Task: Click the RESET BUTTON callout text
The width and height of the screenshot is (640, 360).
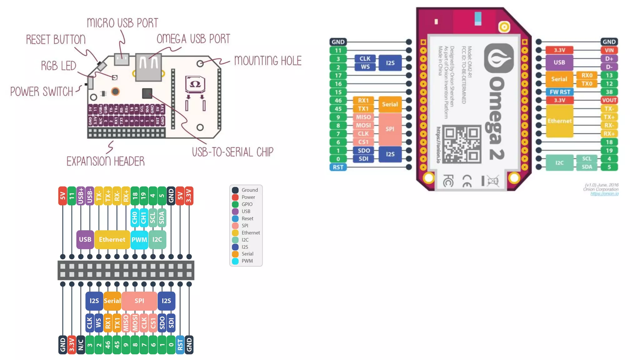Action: click(56, 40)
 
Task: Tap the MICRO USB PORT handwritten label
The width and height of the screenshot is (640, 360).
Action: click(122, 23)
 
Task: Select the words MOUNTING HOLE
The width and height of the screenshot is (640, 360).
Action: click(268, 61)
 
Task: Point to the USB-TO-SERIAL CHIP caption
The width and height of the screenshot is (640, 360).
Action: click(232, 152)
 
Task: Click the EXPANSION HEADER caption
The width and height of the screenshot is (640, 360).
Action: click(106, 161)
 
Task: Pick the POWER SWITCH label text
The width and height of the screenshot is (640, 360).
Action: click(42, 92)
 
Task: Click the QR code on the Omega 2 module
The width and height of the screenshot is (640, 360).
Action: click(462, 144)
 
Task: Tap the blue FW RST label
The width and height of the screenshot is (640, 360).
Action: click(560, 92)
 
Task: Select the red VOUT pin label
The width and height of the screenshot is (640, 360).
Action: click(609, 100)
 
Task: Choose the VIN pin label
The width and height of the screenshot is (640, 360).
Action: click(609, 50)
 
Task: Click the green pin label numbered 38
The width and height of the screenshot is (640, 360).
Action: click(609, 92)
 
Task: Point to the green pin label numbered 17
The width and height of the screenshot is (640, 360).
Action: click(338, 75)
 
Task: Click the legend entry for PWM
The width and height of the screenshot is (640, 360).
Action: click(247, 261)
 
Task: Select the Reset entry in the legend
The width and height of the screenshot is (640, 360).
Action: click(247, 218)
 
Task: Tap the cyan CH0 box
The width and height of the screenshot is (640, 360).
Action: click(135, 217)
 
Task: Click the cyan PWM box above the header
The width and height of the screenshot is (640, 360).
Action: click(139, 240)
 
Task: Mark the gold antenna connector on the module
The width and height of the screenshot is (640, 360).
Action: click(504, 27)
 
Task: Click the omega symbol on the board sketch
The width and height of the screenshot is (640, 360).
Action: click(195, 84)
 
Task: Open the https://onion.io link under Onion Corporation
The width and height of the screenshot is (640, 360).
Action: click(604, 194)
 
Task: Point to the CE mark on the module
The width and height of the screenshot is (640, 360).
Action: click(467, 181)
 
